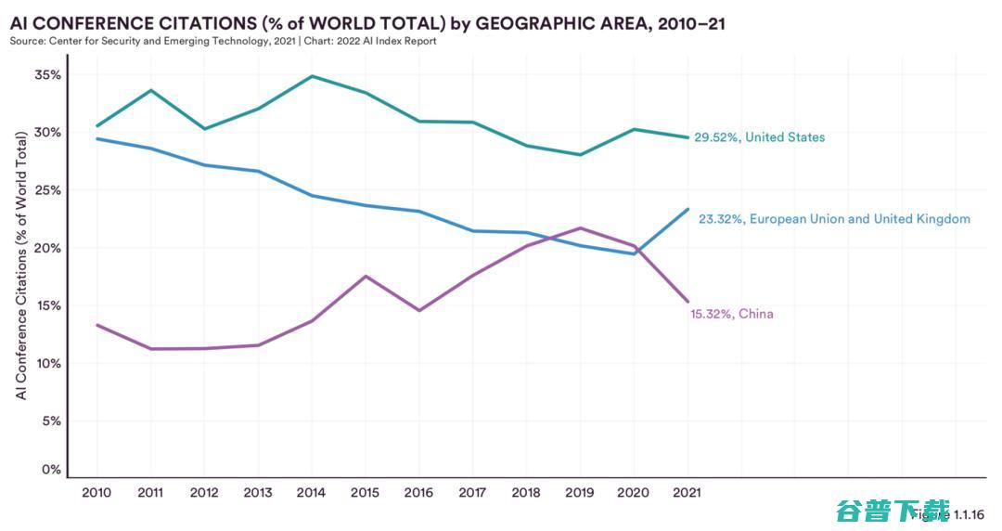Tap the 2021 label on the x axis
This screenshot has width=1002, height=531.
coord(687,493)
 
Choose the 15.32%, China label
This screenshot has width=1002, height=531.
coord(731,314)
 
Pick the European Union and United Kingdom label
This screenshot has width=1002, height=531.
coord(834,219)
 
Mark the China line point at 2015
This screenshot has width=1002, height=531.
coord(366,276)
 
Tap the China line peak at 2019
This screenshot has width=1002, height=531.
coord(580,227)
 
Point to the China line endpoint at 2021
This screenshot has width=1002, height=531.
coord(687,301)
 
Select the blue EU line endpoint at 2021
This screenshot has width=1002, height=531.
coord(687,209)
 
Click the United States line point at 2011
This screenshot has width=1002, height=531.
coord(150,90)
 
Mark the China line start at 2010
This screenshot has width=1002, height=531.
coord(96,325)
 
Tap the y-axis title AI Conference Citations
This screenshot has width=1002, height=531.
coord(21,265)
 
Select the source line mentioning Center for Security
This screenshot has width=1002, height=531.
coord(223,41)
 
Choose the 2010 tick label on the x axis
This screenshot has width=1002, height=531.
coord(96,493)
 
